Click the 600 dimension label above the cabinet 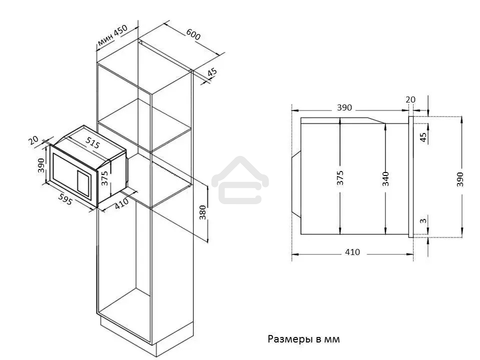coord(193,34)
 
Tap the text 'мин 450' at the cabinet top coord(112,35)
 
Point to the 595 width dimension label coord(65,199)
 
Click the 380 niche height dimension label coord(202,212)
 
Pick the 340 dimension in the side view coord(385,179)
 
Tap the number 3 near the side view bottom coord(423,220)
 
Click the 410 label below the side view coord(352,252)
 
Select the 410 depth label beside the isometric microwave coord(121,203)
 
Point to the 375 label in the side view coord(340,178)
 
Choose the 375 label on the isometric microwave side coord(104,178)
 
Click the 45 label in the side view coord(423,137)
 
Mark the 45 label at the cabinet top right coord(212,72)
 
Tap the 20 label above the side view coord(410,100)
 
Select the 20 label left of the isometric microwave coord(33,140)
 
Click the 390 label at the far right coord(460,179)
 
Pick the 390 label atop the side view coord(344,108)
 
